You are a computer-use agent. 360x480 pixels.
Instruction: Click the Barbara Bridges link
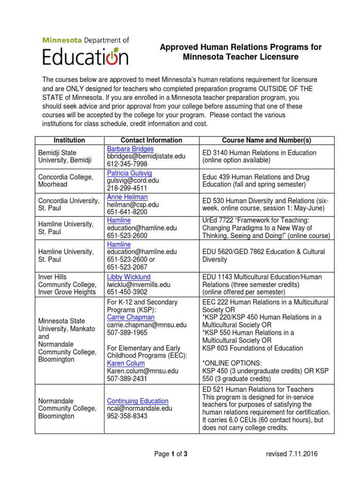pos(130,149)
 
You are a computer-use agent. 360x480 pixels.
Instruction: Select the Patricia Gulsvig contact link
pos(129,173)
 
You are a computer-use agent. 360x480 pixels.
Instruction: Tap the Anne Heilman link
pos(127,197)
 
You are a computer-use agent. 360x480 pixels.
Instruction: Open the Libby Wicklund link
pos(129,277)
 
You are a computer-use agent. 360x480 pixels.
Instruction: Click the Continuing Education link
pos(138,401)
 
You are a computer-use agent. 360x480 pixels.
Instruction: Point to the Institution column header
pos(69,140)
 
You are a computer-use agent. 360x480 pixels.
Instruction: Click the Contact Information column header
pos(151,140)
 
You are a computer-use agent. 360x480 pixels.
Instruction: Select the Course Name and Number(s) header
pos(266,140)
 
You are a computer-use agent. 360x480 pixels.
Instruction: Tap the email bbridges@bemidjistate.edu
pos(146,157)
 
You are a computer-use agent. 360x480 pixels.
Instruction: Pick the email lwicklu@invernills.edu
pos(139,285)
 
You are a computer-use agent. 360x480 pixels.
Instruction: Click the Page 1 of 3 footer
pos(171,454)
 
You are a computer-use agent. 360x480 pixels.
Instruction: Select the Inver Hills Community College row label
pos(67,285)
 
